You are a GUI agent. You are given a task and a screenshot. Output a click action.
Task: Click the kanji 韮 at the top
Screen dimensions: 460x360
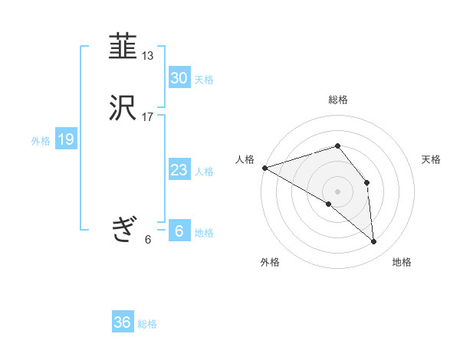pos(123,47)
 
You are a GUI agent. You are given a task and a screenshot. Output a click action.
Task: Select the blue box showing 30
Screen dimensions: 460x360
pos(179,78)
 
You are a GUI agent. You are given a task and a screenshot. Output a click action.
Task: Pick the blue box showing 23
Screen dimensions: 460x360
pos(179,170)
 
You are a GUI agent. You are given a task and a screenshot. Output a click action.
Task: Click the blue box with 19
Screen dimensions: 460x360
pos(65,139)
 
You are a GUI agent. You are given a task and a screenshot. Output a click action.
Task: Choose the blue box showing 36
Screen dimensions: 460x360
pos(123,322)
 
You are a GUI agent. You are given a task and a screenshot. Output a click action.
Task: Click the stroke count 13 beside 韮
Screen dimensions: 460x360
pos(148,56)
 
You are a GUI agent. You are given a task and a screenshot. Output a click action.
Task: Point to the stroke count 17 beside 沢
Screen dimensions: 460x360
pos(148,117)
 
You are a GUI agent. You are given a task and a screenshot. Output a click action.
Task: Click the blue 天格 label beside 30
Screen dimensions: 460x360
pos(204,80)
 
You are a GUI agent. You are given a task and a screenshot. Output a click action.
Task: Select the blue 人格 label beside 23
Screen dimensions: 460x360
pos(204,172)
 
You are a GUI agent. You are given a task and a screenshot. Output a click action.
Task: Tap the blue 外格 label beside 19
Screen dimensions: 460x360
pos(41,141)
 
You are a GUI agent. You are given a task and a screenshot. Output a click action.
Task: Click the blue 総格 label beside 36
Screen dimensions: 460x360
pos(147,324)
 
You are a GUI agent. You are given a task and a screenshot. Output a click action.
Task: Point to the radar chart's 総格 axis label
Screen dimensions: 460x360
pos(338,100)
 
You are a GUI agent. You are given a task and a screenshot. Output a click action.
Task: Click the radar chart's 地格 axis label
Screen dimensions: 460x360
pos(402,262)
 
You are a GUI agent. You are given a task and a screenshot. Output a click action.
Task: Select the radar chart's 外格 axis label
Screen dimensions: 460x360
pos(270,262)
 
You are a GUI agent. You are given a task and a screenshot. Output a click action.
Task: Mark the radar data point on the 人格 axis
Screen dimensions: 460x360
pos(264,167)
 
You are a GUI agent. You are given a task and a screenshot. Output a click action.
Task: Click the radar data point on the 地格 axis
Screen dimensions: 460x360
pos(374,241)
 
